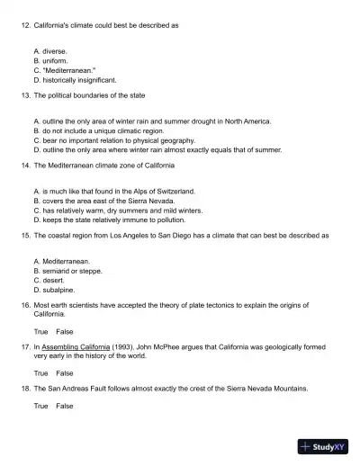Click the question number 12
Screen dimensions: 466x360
pos(24,25)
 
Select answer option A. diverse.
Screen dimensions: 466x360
pos(49,52)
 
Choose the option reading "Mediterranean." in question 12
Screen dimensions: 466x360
pos(64,70)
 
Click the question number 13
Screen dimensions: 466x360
pos(24,94)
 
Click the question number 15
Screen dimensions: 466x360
pos(24,235)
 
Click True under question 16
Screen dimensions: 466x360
pos(40,331)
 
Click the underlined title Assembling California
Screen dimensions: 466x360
pos(76,346)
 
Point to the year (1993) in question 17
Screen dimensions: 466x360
pos(124,346)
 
